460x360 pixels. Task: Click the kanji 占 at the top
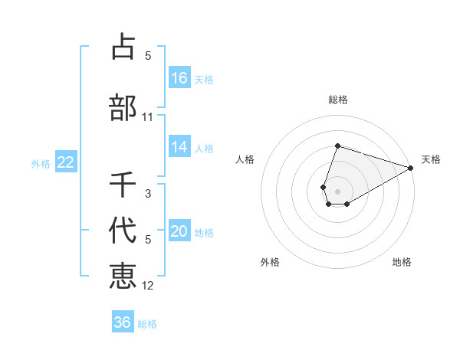click(x=123, y=47)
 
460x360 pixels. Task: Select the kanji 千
click(x=123, y=185)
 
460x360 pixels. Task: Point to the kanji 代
click(x=123, y=229)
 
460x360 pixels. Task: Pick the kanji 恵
click(x=123, y=275)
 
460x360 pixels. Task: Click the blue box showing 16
click(x=179, y=77)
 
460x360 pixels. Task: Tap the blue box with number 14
click(x=179, y=147)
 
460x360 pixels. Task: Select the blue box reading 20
click(x=179, y=231)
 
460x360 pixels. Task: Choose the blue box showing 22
click(x=65, y=162)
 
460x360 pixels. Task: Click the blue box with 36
click(x=123, y=322)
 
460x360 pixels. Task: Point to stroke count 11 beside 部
click(x=148, y=117)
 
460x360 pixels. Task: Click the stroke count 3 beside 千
click(x=148, y=194)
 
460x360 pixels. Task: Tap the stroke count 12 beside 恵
click(x=148, y=286)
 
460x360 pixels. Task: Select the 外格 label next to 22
click(x=41, y=163)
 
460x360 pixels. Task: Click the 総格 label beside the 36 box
click(x=147, y=324)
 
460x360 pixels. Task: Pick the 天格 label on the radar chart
click(x=431, y=159)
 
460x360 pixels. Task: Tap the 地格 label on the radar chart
click(x=402, y=262)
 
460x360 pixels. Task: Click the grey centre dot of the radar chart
click(x=338, y=191)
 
